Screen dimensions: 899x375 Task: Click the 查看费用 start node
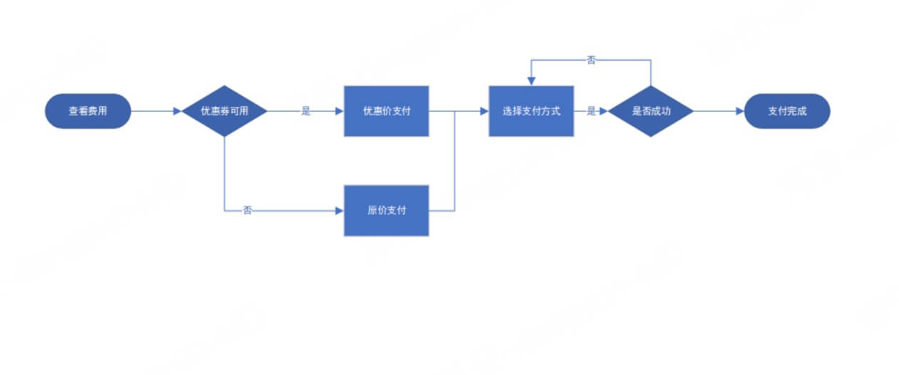point(88,111)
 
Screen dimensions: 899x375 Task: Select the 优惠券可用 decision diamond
point(224,111)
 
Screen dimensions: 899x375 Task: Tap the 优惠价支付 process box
point(387,111)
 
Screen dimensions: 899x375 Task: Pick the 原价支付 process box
point(387,210)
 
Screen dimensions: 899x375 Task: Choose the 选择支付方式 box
point(532,111)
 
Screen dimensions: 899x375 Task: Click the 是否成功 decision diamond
point(651,111)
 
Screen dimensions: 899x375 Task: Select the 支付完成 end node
point(787,111)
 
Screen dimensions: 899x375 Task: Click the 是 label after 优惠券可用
point(306,111)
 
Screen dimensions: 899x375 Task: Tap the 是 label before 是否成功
point(591,111)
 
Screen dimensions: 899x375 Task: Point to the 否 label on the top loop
point(591,60)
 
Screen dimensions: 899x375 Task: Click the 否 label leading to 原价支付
point(247,210)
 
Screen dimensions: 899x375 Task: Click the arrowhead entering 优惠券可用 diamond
point(178,111)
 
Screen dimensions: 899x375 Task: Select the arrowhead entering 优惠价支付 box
point(340,111)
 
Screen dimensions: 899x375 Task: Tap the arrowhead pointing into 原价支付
point(340,210)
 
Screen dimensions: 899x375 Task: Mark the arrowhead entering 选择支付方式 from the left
point(484,111)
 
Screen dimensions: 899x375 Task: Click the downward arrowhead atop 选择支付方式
point(532,81)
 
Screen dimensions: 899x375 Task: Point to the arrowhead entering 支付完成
point(740,111)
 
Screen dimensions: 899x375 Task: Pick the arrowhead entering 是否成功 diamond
point(604,111)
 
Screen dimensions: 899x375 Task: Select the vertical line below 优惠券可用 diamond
point(224,174)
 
